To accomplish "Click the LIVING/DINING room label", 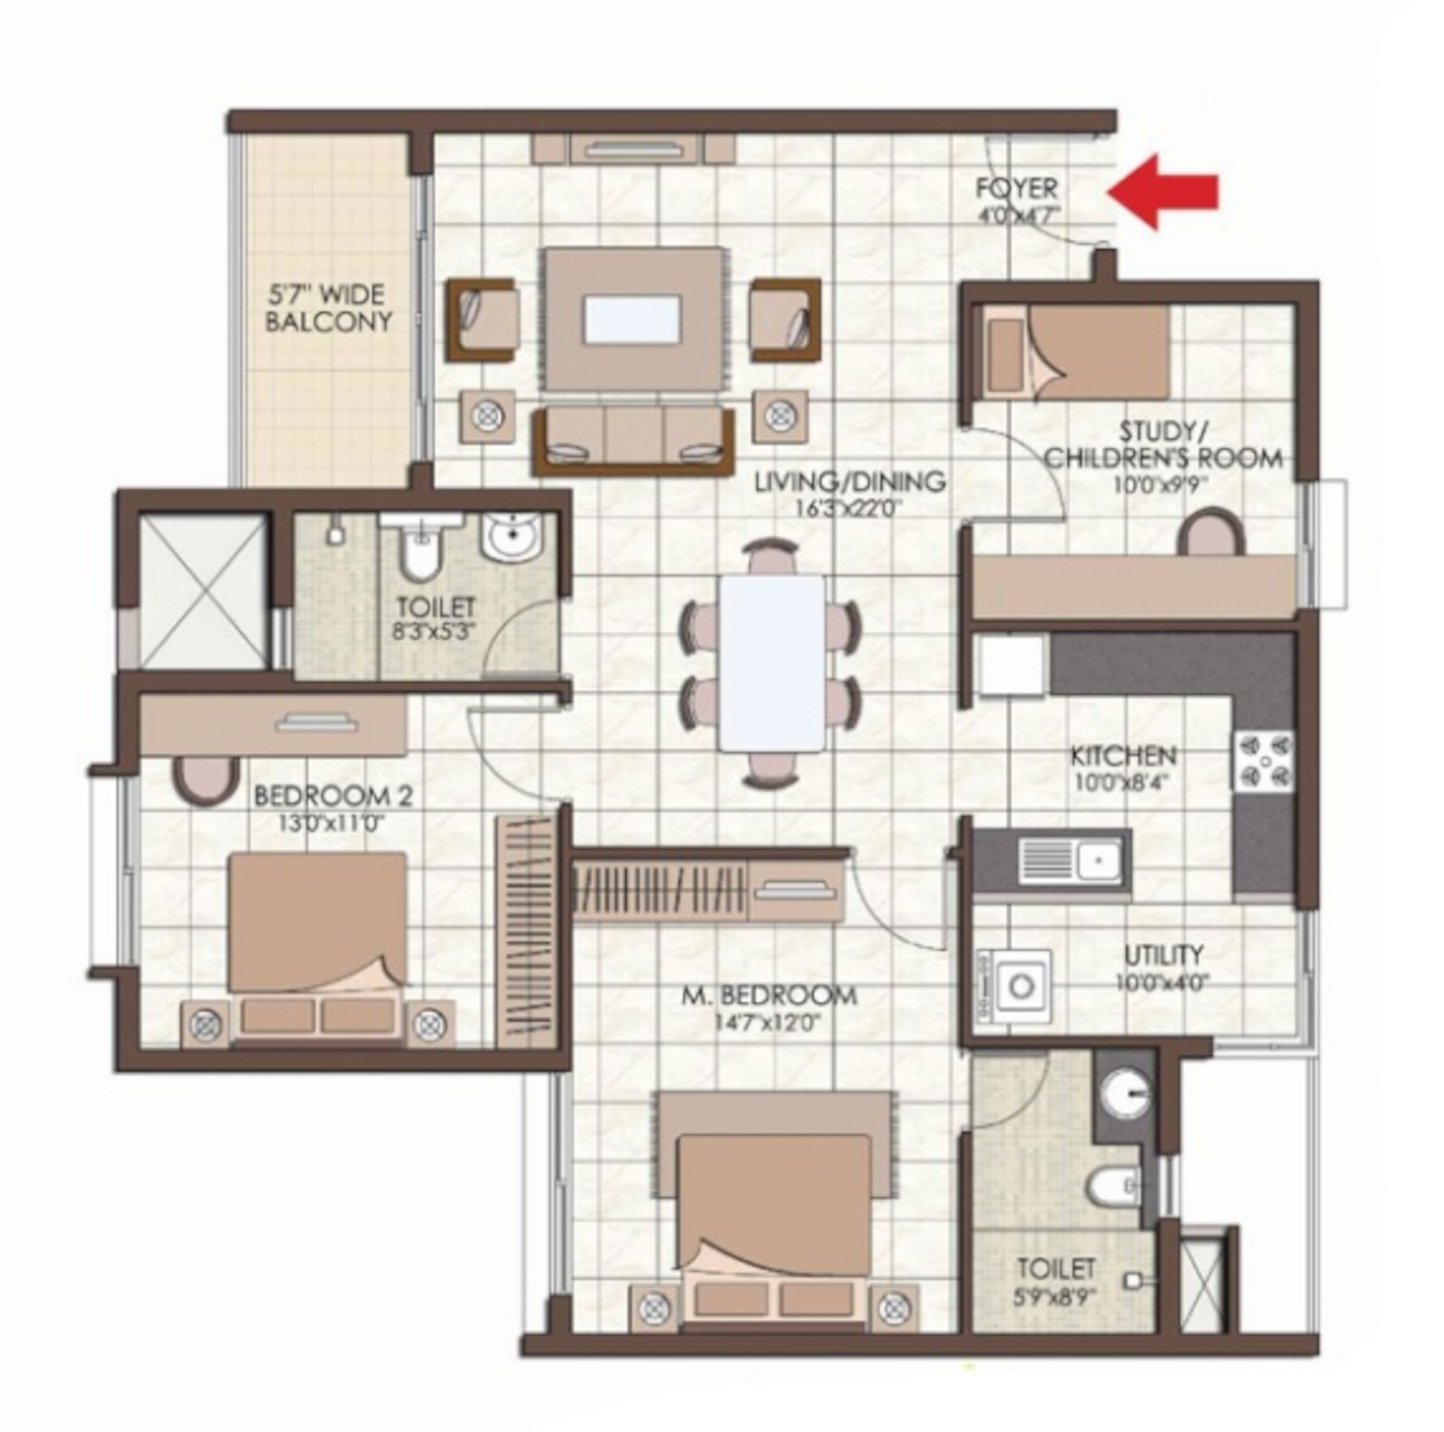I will click(850, 482).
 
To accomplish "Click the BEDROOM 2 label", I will click(334, 795).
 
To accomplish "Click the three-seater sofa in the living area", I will click(633, 441).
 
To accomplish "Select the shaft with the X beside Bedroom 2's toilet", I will click(203, 591).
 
